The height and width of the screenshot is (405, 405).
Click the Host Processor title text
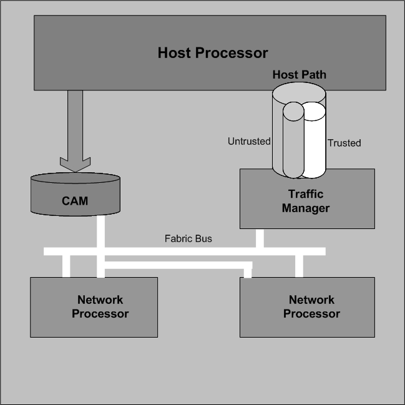(x=212, y=52)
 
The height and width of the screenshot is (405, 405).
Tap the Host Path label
(x=299, y=75)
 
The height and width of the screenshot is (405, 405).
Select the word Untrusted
(x=249, y=142)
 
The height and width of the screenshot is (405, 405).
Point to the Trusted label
(x=344, y=143)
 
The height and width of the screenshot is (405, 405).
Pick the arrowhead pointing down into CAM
(x=75, y=164)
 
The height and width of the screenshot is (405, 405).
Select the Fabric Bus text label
(x=188, y=238)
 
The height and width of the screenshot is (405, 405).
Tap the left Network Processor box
(x=94, y=307)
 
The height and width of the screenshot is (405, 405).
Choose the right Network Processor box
(x=307, y=307)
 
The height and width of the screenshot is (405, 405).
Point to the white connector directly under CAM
(x=100, y=232)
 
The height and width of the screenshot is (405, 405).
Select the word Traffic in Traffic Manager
(x=305, y=195)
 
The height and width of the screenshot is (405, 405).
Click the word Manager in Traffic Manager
(x=305, y=208)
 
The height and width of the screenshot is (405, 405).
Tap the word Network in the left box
(x=100, y=300)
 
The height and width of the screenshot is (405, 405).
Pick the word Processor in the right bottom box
(x=311, y=313)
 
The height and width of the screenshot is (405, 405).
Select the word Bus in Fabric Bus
(x=203, y=238)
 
